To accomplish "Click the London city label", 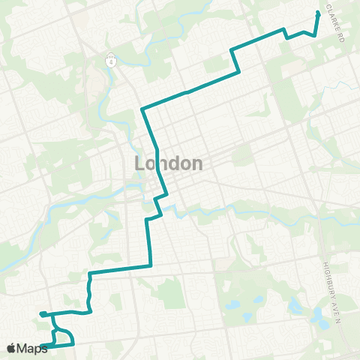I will [x=169, y=163].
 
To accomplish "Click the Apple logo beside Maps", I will [x=11, y=348].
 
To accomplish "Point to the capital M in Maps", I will [x=22, y=348].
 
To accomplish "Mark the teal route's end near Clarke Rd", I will [x=318, y=13].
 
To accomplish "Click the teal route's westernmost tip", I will [x=41, y=313].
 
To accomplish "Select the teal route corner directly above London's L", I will [x=142, y=110].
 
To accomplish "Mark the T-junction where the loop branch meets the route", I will [x=53, y=313].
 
